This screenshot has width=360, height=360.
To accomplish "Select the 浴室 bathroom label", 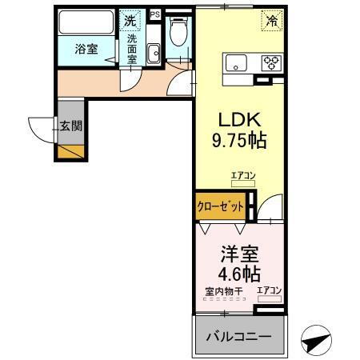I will [x=86, y=49].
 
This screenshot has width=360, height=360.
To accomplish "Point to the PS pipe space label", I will [x=154, y=14].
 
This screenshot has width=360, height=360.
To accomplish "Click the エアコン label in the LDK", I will [x=242, y=175].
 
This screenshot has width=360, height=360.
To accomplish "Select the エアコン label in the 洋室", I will [x=268, y=290].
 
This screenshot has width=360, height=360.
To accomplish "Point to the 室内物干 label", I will [x=229, y=290].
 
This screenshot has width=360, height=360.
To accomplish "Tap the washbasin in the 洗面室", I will [x=154, y=52].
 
